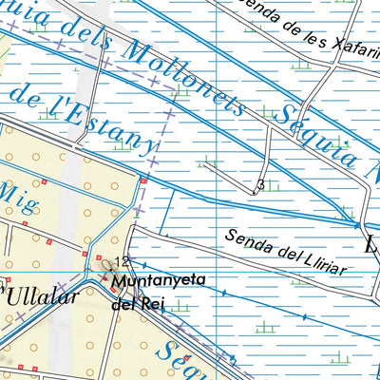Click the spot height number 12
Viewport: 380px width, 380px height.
(121, 261)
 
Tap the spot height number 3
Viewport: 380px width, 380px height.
(260, 184)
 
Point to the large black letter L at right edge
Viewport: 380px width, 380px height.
(371, 244)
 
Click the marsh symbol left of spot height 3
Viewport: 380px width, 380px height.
(209, 163)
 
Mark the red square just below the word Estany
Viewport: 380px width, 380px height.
(143, 180)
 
